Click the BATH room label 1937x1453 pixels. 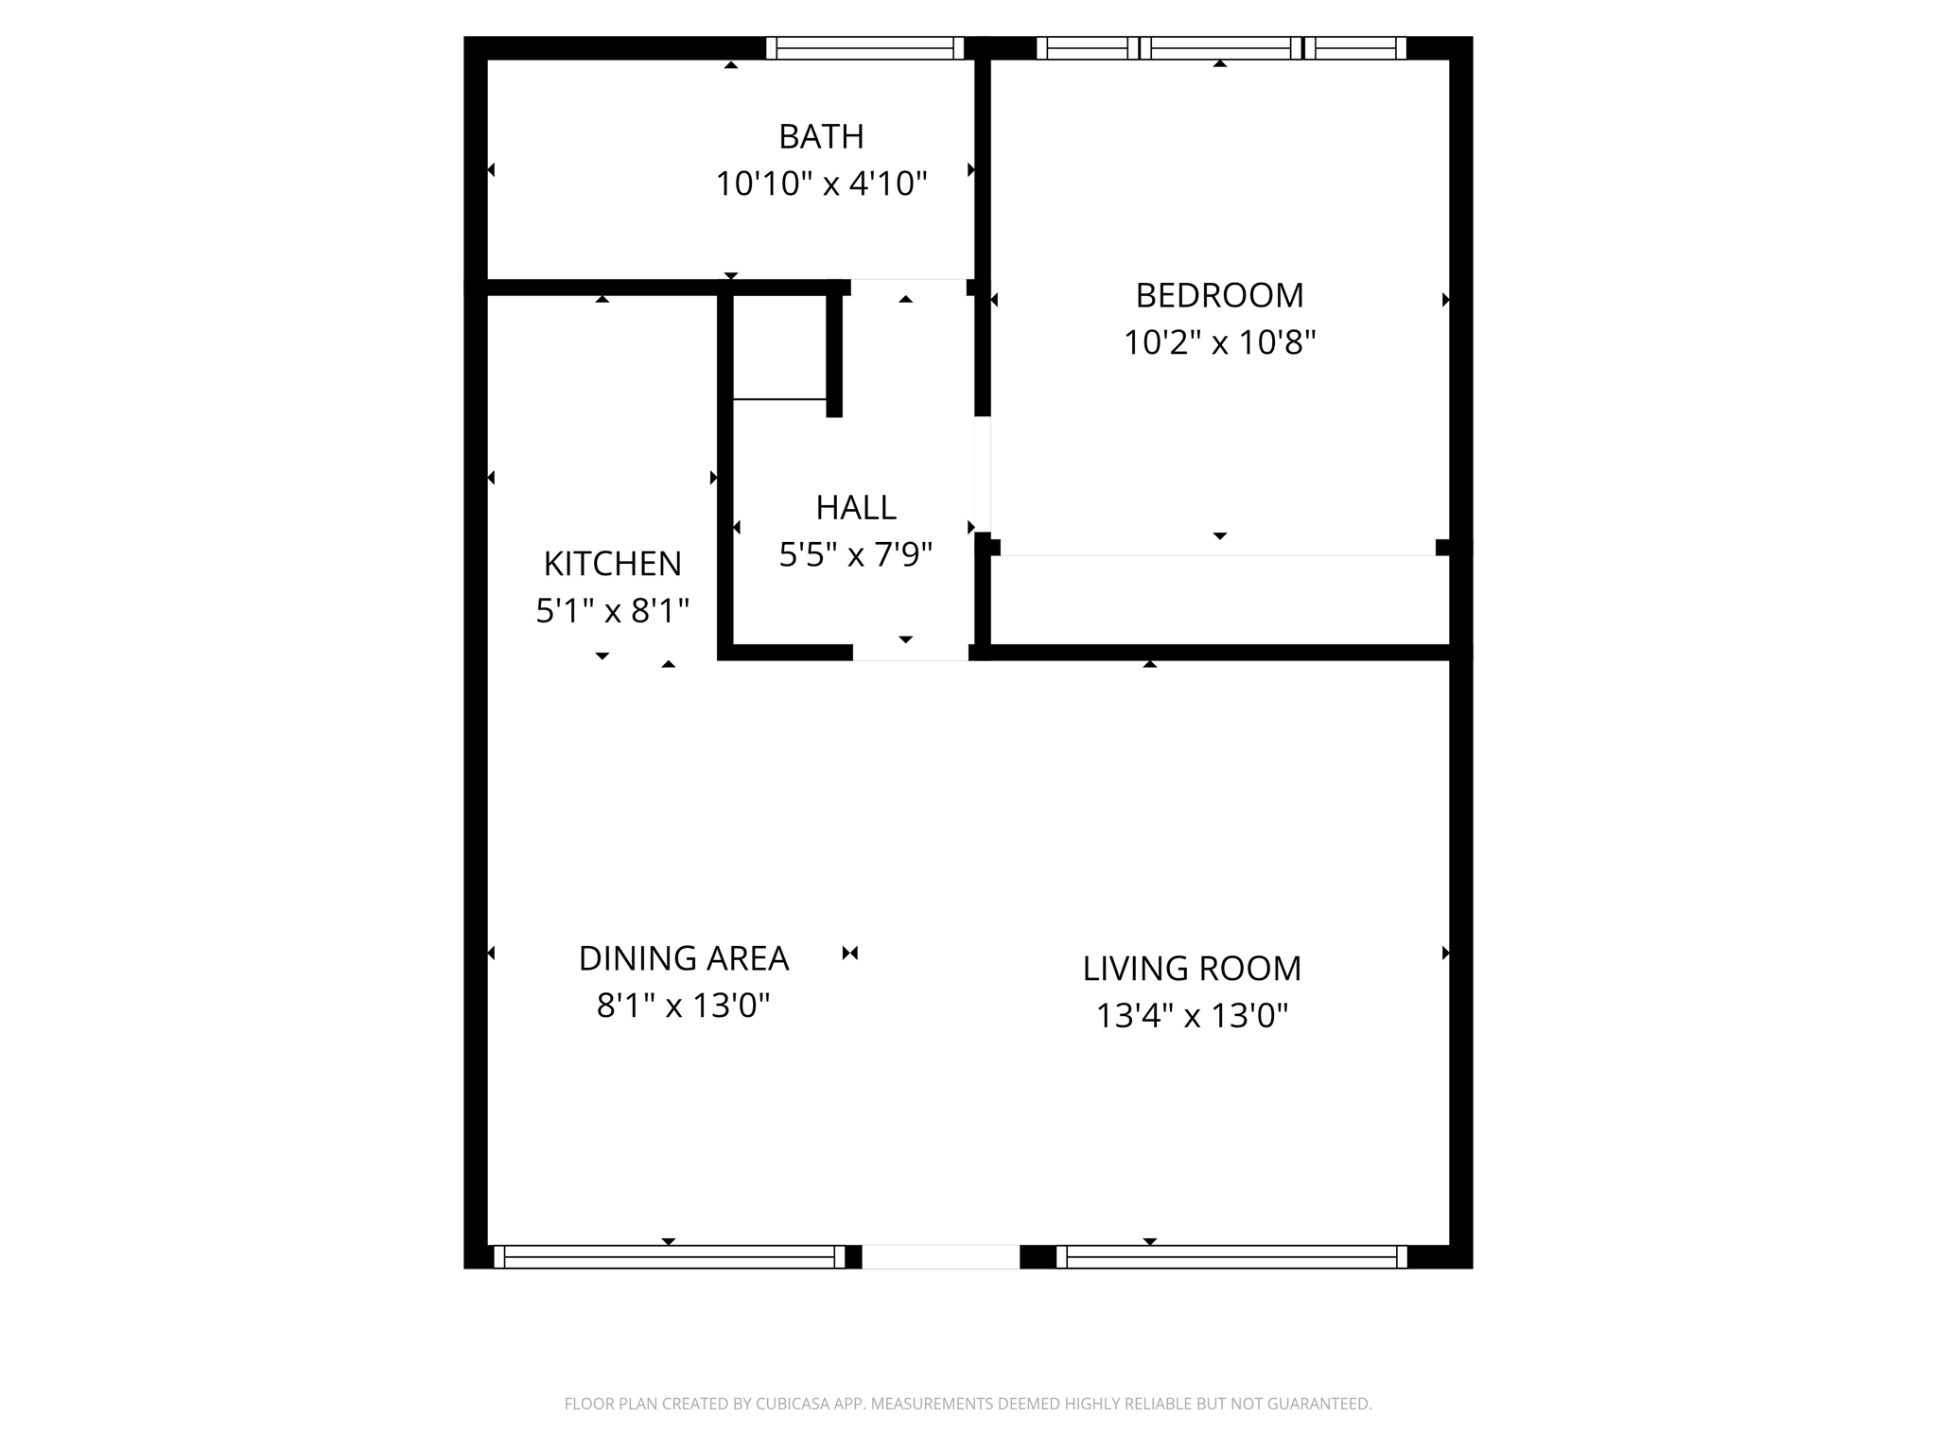[820, 137]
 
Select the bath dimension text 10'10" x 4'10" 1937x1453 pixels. [820, 184]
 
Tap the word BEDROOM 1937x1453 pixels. [1218, 296]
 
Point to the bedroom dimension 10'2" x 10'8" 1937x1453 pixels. [1218, 342]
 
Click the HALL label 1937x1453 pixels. [855, 508]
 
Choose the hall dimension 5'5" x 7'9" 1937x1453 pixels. [855, 554]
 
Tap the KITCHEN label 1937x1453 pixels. [612, 564]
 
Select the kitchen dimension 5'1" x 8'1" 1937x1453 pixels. [612, 611]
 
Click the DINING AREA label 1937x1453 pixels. [683, 958]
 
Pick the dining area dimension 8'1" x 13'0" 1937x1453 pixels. [683, 1006]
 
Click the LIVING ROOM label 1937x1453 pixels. [1191, 969]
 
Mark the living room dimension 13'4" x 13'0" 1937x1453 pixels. [1191, 1016]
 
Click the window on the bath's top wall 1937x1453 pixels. [864, 48]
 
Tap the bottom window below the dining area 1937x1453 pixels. [669, 1256]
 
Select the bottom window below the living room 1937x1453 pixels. [1230, 1256]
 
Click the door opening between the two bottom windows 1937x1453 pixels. [940, 1256]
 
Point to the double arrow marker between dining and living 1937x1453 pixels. [849, 954]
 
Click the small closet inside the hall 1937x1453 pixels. [779, 347]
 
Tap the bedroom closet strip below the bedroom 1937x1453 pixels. [1218, 600]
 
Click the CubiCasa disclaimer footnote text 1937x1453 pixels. [968, 1404]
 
